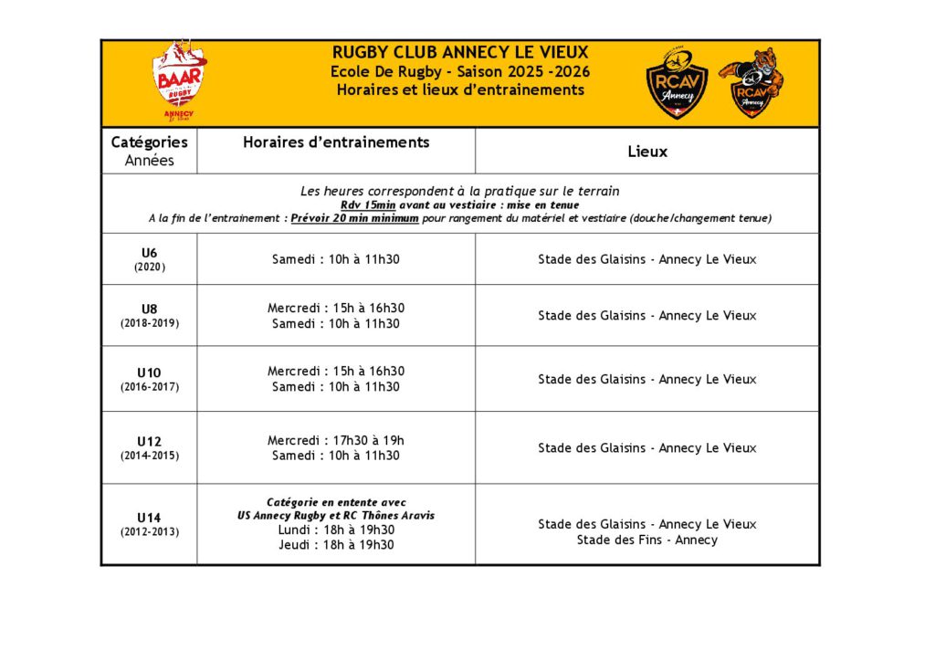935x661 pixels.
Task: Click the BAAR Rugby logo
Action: (x=179, y=80)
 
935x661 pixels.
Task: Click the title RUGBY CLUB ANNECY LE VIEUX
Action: (x=460, y=52)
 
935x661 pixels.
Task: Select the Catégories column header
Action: (x=149, y=142)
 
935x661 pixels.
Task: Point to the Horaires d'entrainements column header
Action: (x=336, y=142)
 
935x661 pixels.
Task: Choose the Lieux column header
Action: (x=646, y=152)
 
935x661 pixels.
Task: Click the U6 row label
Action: (x=149, y=252)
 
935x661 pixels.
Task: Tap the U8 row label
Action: (x=149, y=309)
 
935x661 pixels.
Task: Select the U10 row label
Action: (x=149, y=372)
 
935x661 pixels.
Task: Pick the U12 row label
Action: (x=149, y=441)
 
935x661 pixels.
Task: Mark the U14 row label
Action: (x=149, y=518)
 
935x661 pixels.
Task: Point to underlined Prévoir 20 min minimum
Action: (x=354, y=219)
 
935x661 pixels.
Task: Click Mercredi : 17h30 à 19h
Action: (x=336, y=440)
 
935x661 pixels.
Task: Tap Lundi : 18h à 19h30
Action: (x=336, y=530)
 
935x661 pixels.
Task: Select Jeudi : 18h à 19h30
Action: (x=336, y=545)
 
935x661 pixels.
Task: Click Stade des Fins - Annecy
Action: (x=646, y=540)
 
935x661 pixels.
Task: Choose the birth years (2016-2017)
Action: (x=149, y=386)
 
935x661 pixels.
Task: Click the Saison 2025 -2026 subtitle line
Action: (x=460, y=71)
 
